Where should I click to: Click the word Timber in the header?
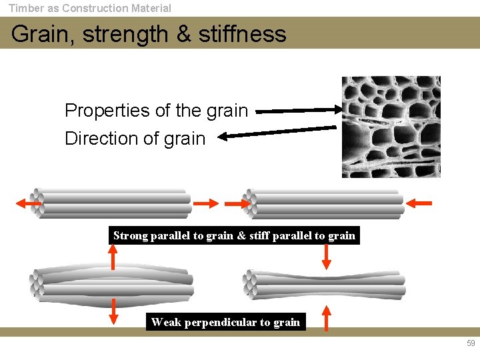25,9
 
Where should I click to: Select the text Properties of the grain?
156,111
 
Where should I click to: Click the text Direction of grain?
135,139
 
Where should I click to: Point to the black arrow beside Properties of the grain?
297,111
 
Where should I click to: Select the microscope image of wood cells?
391,127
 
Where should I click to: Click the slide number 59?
471,344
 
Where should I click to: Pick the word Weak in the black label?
165,323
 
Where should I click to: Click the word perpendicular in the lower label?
220,323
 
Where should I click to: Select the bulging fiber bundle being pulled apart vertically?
112,286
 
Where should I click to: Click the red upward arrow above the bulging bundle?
113,257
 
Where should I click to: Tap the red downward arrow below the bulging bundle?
113,310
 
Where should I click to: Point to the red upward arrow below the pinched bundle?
326,318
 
